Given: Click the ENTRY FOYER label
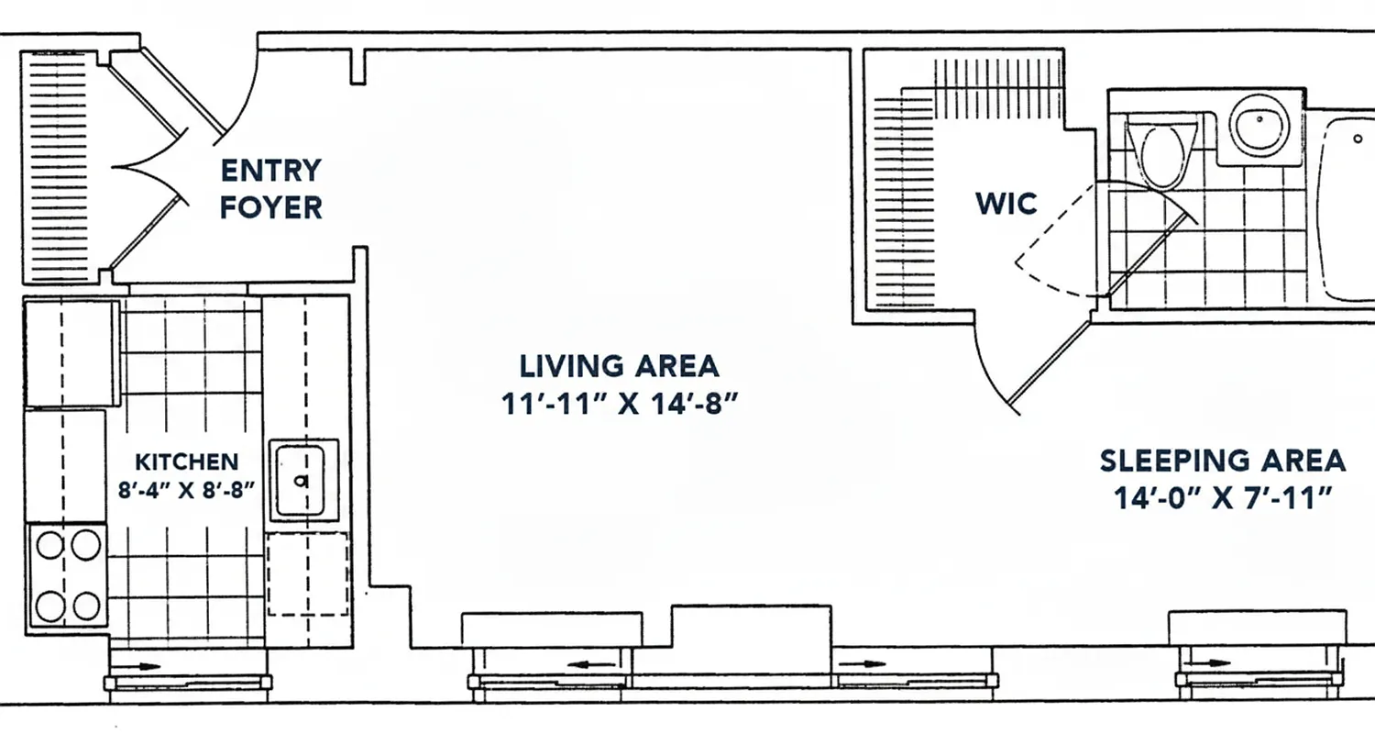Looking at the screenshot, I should coord(271,189).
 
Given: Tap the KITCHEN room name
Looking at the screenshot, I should coord(187,462).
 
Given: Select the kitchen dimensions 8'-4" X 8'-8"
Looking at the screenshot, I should coord(187,489).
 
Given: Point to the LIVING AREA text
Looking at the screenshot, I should coord(620,366).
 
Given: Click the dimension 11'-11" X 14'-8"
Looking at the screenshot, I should coord(620,405).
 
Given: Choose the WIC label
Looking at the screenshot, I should coord(1006,203).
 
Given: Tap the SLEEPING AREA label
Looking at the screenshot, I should coord(1223,460).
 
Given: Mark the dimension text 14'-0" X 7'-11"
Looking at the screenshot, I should coord(1223,498).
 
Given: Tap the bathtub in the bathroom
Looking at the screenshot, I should coord(1347,211).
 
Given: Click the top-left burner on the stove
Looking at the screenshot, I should coord(49,546).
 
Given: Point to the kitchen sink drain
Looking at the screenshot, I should coord(299,480).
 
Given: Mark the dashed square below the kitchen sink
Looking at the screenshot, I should coord(309,575).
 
